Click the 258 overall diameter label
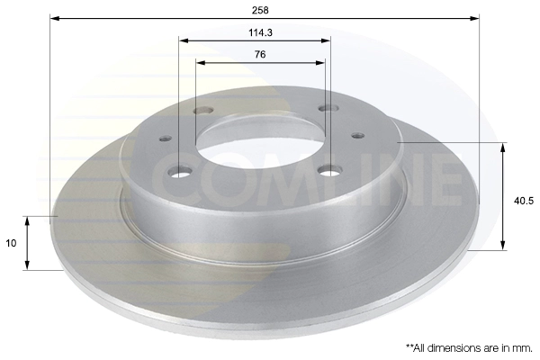click(260, 10)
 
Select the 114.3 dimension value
click(261, 32)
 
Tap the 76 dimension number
click(260, 54)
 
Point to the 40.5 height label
click(524, 201)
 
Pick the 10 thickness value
click(11, 243)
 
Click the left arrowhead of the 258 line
click(55, 18)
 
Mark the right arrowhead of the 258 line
click(474, 18)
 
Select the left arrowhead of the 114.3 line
click(184, 40)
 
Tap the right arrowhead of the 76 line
click(319, 63)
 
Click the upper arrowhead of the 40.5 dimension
click(503, 148)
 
